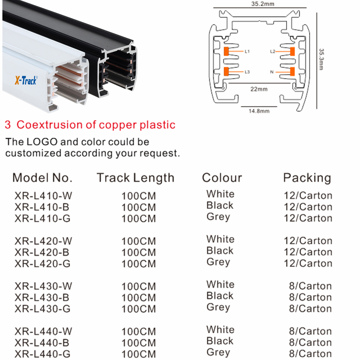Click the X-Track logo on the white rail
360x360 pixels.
pyautogui.click(x=26, y=80)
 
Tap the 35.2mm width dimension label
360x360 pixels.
pyautogui.click(x=263, y=4)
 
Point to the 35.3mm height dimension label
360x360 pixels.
pyautogui.click(x=321, y=59)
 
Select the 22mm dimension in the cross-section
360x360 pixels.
pyautogui.click(x=259, y=89)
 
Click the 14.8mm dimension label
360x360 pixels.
pyautogui.click(x=259, y=111)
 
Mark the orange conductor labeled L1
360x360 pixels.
pyautogui.click(x=226, y=51)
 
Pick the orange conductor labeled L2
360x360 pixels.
pyautogui.click(x=292, y=51)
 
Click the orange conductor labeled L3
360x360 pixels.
pyautogui.click(x=226, y=72)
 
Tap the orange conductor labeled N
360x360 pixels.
pyautogui.click(x=292, y=72)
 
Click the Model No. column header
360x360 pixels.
pyautogui.click(x=42, y=178)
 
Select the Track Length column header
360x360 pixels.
pyautogui.click(x=135, y=178)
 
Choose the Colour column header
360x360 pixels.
pyautogui.click(x=222, y=178)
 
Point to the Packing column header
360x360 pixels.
pyautogui.click(x=307, y=178)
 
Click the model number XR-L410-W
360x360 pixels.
pyautogui.click(x=43, y=196)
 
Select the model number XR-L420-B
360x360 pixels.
pyautogui.click(x=42, y=252)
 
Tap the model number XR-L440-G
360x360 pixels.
pyautogui.click(x=42, y=354)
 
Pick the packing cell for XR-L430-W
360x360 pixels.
pyautogui.click(x=311, y=286)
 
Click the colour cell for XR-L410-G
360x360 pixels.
pyautogui.click(x=218, y=217)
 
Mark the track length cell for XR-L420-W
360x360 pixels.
pyautogui.click(x=139, y=241)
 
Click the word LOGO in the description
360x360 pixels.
pyautogui.click(x=42, y=142)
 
